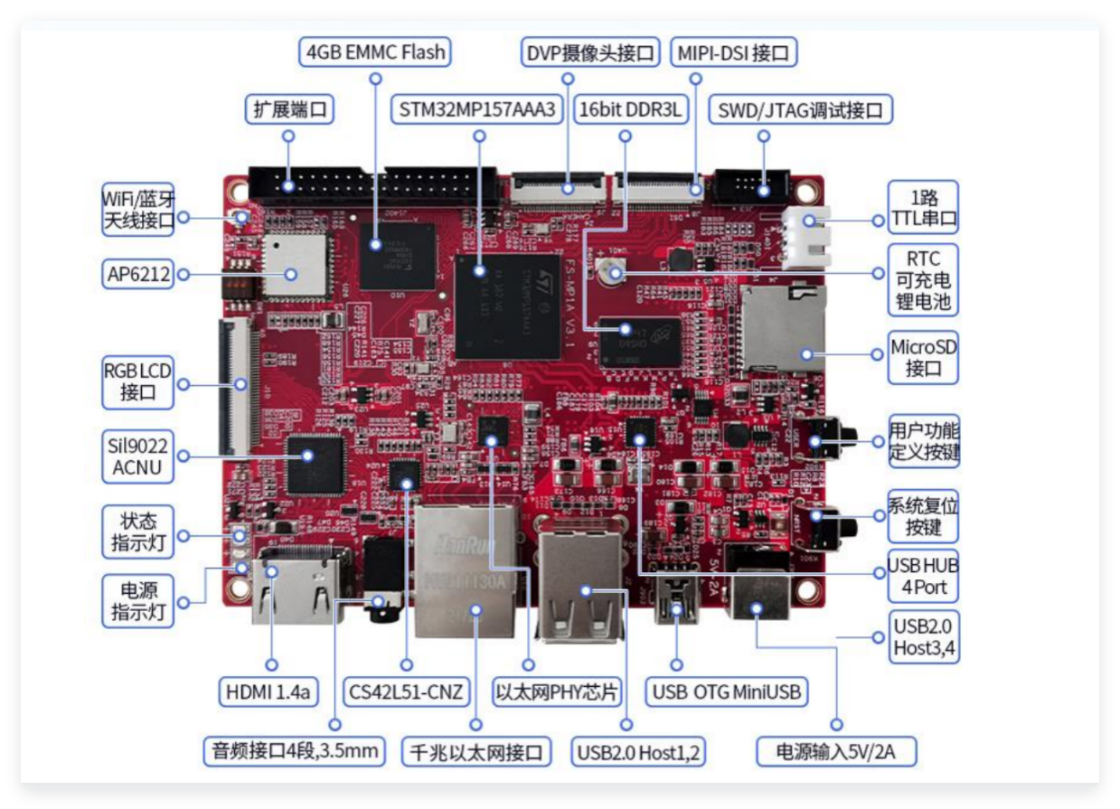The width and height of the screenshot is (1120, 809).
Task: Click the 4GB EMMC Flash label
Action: click(375, 52)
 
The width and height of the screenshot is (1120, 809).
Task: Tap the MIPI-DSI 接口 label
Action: click(734, 52)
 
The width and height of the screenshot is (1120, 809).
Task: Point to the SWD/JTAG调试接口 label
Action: click(801, 110)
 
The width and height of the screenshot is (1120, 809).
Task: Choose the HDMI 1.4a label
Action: click(269, 693)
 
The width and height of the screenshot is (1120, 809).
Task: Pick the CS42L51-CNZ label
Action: click(406, 693)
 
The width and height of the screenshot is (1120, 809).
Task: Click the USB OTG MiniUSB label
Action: click(727, 693)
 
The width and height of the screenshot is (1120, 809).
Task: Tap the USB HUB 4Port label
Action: click(923, 576)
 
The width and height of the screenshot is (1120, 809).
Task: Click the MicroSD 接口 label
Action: click(923, 357)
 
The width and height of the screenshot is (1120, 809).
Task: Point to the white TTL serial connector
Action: click(805, 237)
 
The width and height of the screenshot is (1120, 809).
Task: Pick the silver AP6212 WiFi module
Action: click(294, 268)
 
